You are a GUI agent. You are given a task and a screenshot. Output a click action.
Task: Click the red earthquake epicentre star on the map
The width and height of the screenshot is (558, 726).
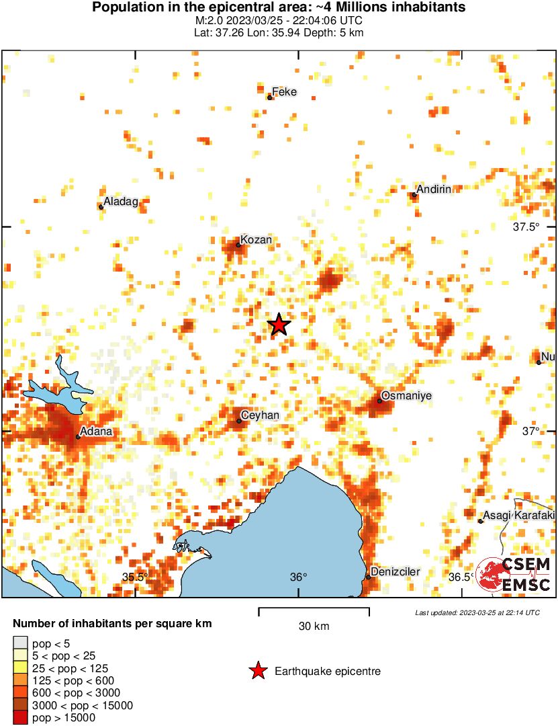(x=279, y=325)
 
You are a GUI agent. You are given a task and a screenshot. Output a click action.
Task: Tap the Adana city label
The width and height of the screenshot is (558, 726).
(x=96, y=431)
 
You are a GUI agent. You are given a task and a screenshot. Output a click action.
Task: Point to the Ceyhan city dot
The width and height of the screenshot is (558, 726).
(x=239, y=421)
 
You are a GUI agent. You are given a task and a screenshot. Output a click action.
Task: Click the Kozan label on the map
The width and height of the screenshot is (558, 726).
(x=257, y=240)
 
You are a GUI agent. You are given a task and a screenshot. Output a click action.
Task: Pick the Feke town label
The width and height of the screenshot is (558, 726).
(x=284, y=92)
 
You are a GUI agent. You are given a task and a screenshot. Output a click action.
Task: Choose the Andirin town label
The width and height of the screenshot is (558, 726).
(x=434, y=190)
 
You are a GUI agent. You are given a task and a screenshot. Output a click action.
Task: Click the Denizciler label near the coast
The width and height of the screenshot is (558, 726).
(x=396, y=572)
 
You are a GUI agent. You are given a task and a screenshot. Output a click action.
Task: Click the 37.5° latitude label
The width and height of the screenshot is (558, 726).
(x=526, y=227)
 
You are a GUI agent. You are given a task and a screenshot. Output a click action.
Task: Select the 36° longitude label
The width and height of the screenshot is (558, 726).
(x=299, y=577)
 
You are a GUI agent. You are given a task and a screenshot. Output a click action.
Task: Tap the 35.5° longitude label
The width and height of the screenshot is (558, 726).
(x=135, y=577)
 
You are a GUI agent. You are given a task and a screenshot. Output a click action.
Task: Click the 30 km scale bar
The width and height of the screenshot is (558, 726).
(x=314, y=612)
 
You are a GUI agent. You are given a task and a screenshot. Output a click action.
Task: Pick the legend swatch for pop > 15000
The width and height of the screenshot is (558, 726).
(x=20, y=718)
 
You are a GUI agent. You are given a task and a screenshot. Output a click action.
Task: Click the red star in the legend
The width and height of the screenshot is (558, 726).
(x=257, y=671)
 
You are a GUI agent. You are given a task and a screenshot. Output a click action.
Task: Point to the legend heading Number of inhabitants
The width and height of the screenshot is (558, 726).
(x=112, y=624)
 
